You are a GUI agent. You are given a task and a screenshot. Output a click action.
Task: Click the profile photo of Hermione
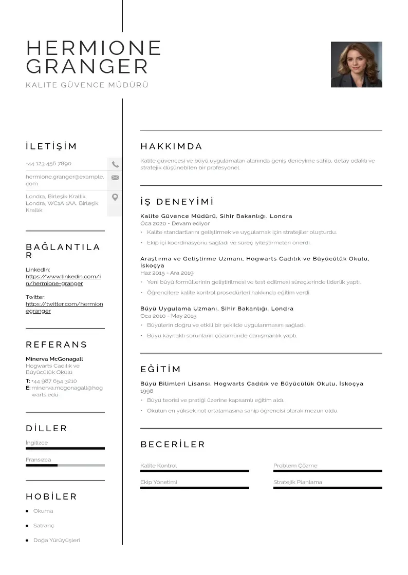point(356,64)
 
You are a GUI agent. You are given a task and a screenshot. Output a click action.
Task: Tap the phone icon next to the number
point(115,164)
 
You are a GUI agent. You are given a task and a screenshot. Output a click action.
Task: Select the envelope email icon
point(115,178)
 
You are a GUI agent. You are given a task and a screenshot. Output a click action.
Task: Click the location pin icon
point(115,197)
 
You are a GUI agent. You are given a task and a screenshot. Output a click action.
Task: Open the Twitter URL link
point(64,307)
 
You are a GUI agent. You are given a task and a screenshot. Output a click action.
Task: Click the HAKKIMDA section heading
point(171,146)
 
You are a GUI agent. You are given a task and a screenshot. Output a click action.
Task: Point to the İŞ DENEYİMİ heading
point(177,202)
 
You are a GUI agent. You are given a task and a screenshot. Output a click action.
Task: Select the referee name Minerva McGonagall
point(54,359)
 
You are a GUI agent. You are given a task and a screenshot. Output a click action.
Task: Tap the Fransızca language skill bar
point(65,465)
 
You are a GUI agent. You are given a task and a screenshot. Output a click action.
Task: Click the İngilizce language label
point(36,443)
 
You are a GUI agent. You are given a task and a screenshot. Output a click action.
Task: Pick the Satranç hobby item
point(44,526)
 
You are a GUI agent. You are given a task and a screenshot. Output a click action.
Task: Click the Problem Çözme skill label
point(295,466)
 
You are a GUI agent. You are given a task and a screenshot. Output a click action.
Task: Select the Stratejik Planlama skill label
point(298,482)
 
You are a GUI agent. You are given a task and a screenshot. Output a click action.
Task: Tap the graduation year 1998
point(146,391)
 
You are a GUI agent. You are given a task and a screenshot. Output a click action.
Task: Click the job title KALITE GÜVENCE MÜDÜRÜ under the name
point(87,85)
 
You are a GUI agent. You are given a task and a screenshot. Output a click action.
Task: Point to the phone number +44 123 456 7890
point(48,164)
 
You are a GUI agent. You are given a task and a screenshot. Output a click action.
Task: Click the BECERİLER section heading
point(172,444)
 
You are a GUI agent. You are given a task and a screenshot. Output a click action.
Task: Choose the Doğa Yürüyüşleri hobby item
point(57,540)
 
